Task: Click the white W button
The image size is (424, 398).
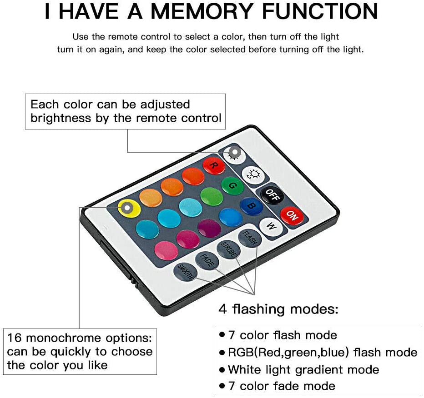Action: click(x=271, y=226)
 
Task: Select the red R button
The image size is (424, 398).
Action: click(x=214, y=165)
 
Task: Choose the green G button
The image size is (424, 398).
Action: click(x=232, y=185)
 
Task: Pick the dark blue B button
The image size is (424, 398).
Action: click(x=251, y=206)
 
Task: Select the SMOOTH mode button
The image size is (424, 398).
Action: click(x=186, y=272)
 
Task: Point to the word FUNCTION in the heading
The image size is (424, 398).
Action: click(x=320, y=11)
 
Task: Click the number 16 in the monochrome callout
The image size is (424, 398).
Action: click(x=15, y=338)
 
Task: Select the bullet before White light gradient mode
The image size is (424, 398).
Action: click(x=222, y=369)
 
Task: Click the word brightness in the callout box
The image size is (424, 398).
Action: click(x=61, y=118)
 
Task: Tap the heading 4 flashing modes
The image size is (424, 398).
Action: click(x=278, y=309)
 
